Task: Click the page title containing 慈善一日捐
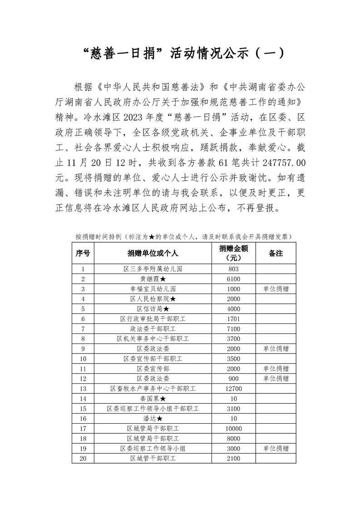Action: [180, 54]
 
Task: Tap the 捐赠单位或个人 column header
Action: [153, 253]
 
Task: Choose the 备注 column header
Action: [276, 253]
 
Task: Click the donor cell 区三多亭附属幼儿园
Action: [153, 269]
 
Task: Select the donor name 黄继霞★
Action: [153, 279]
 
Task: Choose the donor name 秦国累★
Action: [153, 399]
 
